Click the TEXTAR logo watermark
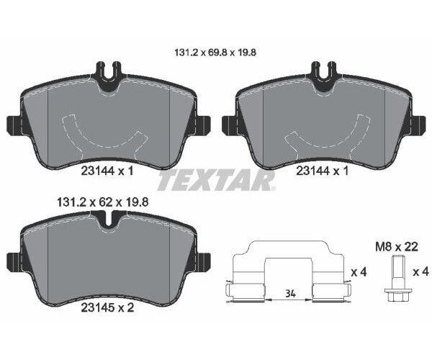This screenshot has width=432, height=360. [216, 180]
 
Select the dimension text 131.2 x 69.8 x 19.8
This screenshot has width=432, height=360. [215, 53]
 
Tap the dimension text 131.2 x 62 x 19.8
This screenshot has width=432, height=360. [102, 202]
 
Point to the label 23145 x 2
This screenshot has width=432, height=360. [107, 307]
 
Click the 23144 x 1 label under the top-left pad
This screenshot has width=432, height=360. [107, 171]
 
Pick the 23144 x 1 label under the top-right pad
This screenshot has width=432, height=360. [323, 171]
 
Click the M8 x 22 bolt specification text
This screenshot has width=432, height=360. [397, 247]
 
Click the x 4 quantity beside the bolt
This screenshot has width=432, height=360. [420, 272]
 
